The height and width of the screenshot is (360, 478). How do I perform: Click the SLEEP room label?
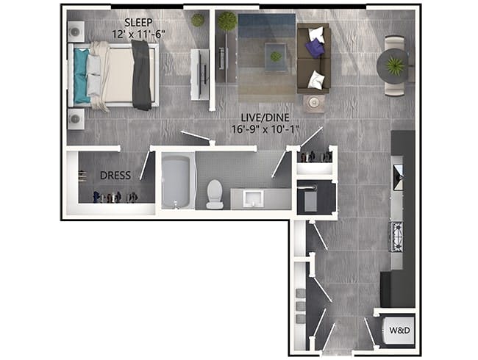138,23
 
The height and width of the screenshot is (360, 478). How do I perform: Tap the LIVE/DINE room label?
265,118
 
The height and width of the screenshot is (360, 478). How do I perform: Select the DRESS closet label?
115,175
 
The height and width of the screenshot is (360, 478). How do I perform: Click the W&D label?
399,330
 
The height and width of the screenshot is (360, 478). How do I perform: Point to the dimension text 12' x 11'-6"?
138,34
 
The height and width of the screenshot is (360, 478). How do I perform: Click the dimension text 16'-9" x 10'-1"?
265,129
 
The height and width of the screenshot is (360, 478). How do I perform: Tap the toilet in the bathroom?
215,194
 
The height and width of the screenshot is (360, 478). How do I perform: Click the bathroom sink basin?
253,199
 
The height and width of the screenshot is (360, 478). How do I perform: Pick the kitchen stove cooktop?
397,237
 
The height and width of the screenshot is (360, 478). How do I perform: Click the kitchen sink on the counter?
399,177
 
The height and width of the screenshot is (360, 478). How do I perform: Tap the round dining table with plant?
393,66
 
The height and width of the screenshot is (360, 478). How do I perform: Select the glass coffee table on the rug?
276,57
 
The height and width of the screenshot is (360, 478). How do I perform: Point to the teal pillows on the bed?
81,76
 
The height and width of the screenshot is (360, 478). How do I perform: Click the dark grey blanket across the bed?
141,75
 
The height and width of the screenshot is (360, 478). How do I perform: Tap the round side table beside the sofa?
314,103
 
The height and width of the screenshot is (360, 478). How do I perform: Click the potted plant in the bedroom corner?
197,20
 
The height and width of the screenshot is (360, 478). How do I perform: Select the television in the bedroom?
203,74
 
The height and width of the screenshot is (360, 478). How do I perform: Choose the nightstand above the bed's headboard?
76,32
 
